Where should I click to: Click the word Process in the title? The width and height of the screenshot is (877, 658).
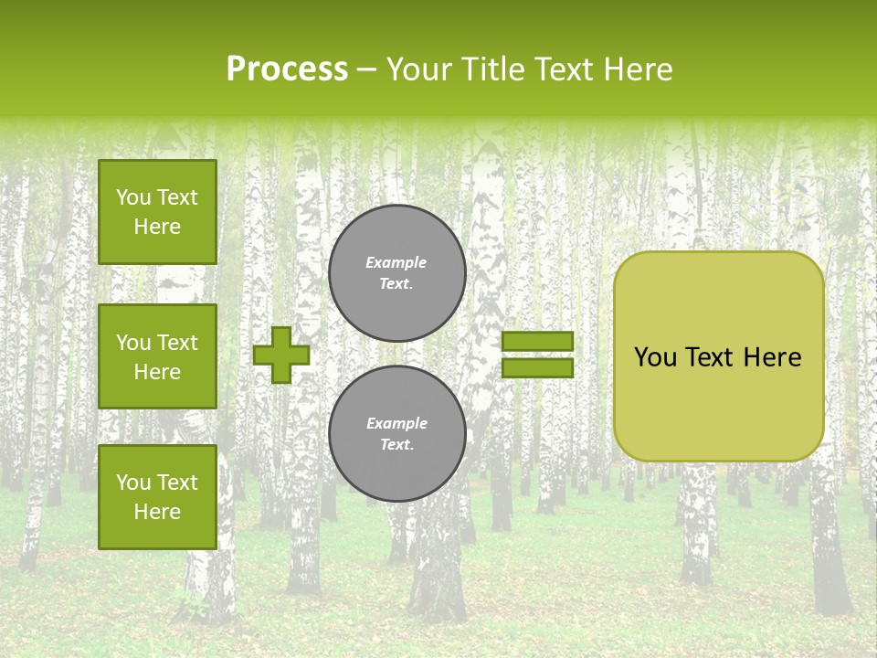[287, 69]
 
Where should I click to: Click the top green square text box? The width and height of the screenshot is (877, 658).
[157, 212]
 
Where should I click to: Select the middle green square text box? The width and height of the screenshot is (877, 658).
[157, 356]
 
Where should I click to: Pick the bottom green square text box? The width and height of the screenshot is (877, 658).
[157, 497]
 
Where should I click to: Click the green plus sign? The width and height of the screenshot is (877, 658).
[281, 355]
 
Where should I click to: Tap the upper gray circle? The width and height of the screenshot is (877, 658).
[397, 273]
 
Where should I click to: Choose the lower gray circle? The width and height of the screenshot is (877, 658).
[397, 434]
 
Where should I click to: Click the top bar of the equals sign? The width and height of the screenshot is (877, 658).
[537, 341]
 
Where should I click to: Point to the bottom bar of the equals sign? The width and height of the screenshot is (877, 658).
[537, 367]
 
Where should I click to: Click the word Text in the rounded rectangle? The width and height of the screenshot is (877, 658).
[710, 357]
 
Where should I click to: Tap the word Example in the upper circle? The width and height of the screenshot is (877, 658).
[396, 262]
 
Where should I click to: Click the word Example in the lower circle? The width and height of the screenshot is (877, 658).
[396, 423]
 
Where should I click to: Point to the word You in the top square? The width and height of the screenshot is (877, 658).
[133, 197]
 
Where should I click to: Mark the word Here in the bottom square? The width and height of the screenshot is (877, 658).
[157, 512]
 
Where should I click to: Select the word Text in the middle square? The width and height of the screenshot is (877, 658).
[177, 343]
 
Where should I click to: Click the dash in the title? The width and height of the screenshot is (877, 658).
[366, 69]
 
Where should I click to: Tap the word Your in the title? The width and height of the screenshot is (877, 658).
[418, 69]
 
